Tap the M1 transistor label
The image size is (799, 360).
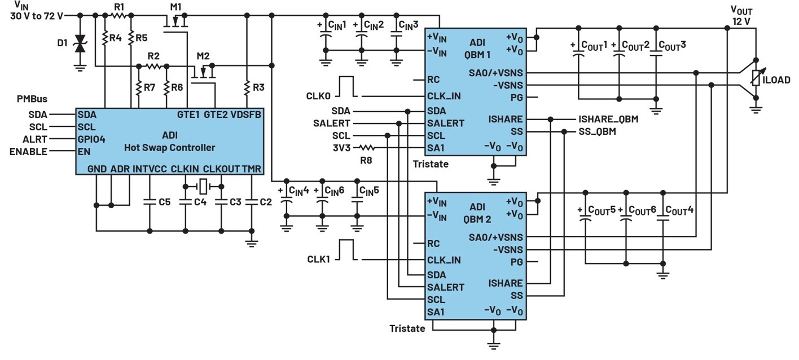coord(177,7)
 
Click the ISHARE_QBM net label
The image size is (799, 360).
coord(608,119)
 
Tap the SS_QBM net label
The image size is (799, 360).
coord(597,132)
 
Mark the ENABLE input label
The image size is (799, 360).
coord(28,151)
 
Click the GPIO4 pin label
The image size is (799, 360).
coord(91,139)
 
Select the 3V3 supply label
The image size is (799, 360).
coord(342,148)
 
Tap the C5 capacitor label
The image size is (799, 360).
coord(165,201)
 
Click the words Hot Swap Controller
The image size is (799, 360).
coord(170,148)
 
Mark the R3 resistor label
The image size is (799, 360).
coord(258,87)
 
